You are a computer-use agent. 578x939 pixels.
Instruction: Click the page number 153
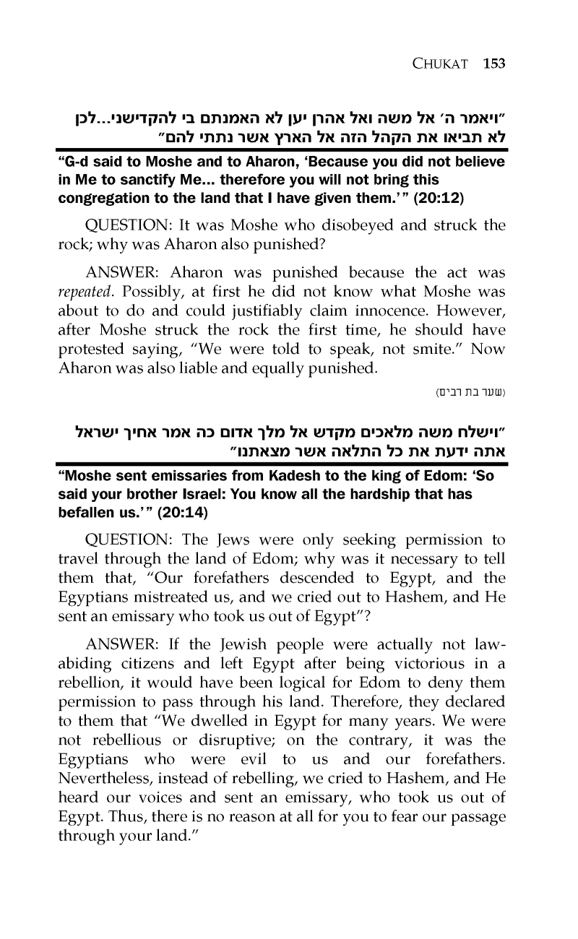click(493, 64)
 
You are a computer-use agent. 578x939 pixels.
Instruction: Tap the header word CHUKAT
click(444, 64)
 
